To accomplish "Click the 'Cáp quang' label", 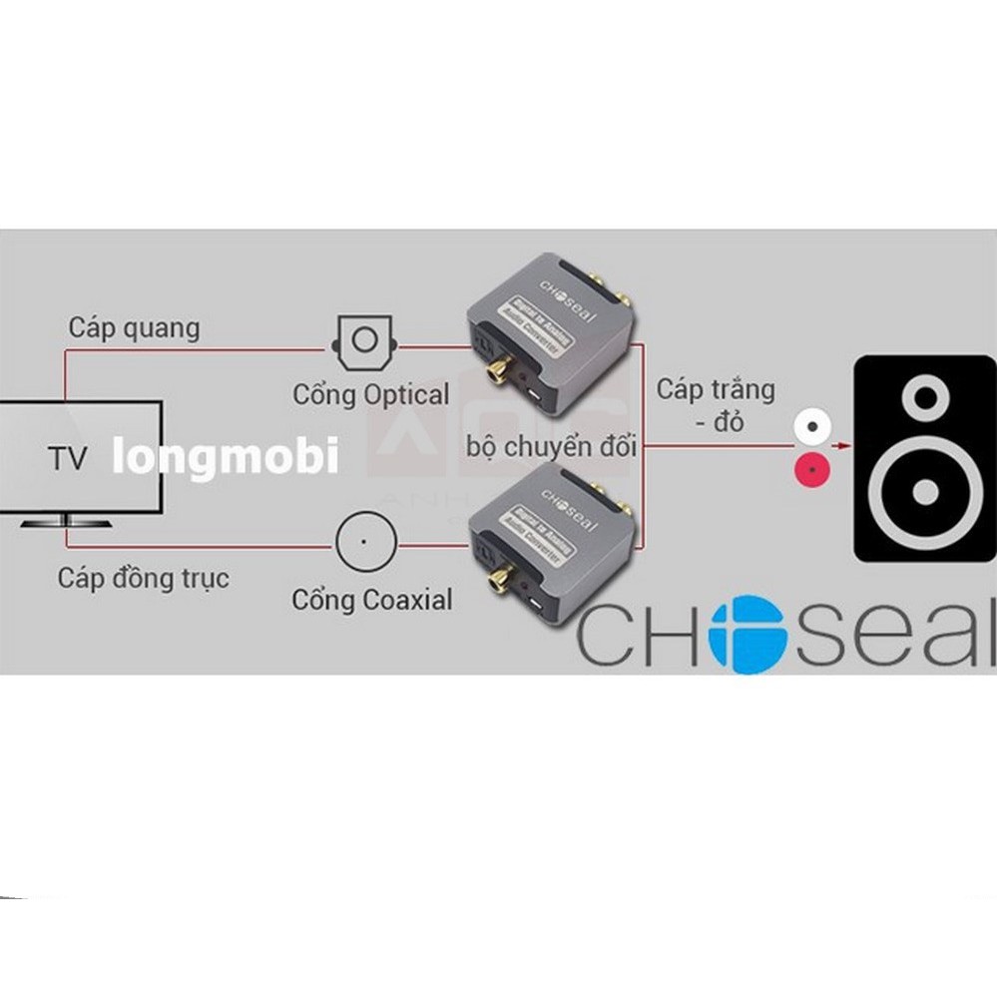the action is tap(134, 327).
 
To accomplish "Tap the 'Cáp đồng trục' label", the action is tap(143, 578).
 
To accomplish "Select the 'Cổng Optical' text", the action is tap(370, 395).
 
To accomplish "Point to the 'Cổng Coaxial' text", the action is tap(371, 600).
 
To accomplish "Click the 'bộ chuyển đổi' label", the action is tap(551, 446).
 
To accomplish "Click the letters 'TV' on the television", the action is tap(68, 458).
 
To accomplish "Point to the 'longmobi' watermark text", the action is tap(225, 457).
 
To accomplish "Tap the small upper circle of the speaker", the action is tap(925, 397).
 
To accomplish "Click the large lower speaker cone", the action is tap(925, 492).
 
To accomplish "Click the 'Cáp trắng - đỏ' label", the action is tap(715, 404).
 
